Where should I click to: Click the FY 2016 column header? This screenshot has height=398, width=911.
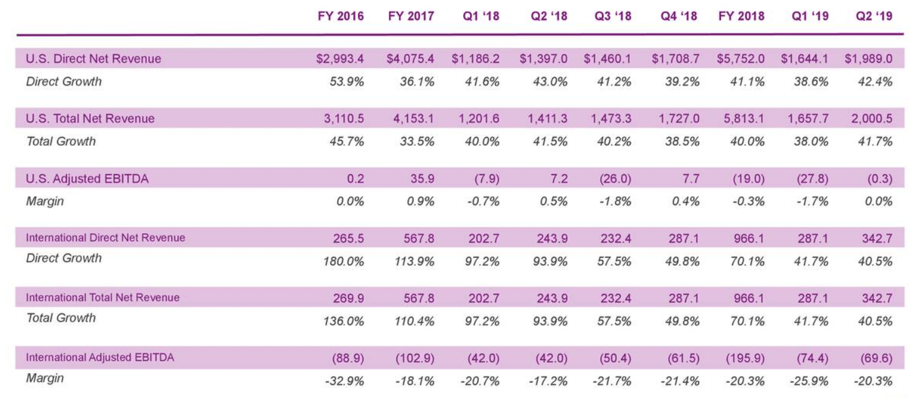[x=340, y=17]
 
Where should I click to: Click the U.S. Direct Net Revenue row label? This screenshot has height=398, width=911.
[x=94, y=59]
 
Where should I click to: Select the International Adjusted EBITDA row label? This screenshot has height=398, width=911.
[x=100, y=358]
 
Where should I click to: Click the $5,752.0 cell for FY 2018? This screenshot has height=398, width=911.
[x=741, y=59]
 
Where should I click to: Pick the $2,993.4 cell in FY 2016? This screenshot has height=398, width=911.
[x=340, y=59]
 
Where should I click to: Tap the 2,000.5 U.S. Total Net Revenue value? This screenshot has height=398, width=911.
[x=872, y=119]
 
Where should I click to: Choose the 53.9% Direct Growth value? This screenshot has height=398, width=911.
[x=347, y=81]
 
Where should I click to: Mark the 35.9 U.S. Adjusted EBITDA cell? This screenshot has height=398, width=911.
[x=422, y=179]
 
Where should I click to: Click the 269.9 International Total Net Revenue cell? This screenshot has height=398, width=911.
[x=350, y=298]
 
